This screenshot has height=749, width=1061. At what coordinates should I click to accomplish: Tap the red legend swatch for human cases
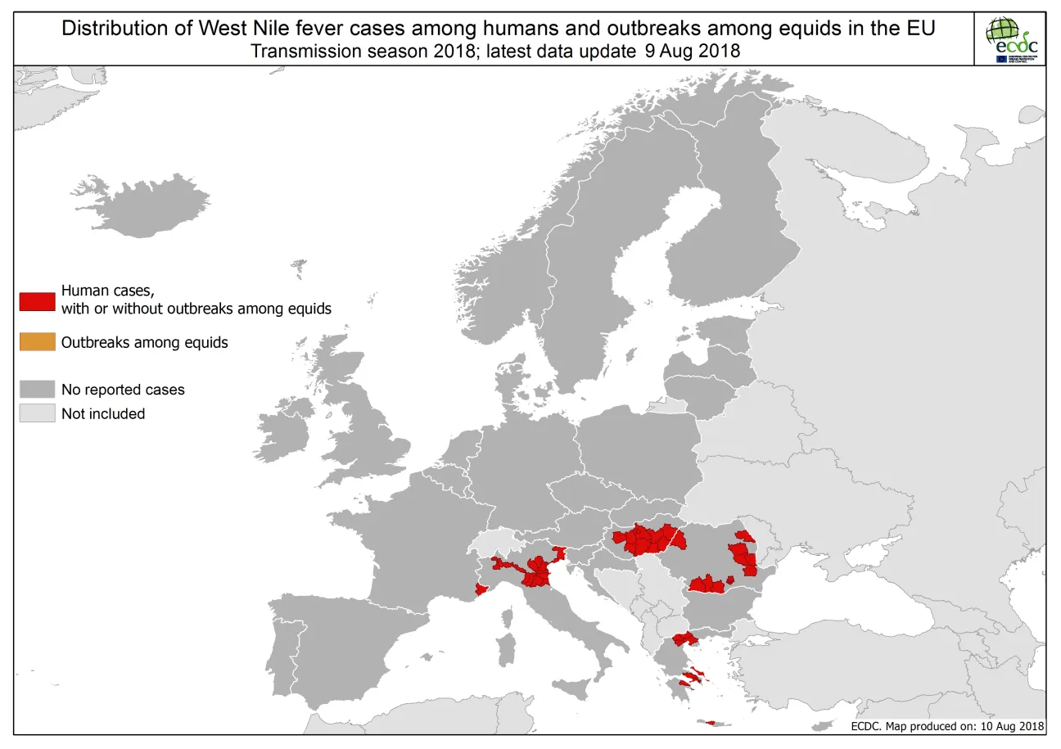(x=37, y=300)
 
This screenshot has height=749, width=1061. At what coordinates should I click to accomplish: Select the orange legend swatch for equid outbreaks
(x=37, y=342)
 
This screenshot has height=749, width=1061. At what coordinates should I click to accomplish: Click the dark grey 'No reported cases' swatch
(x=37, y=389)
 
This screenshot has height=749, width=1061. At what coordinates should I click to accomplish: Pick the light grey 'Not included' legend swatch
(x=37, y=413)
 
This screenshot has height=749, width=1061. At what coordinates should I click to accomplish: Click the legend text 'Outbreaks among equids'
(x=144, y=342)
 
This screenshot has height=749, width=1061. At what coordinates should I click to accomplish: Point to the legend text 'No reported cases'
(x=123, y=390)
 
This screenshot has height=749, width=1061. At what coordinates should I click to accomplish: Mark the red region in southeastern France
(x=483, y=589)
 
